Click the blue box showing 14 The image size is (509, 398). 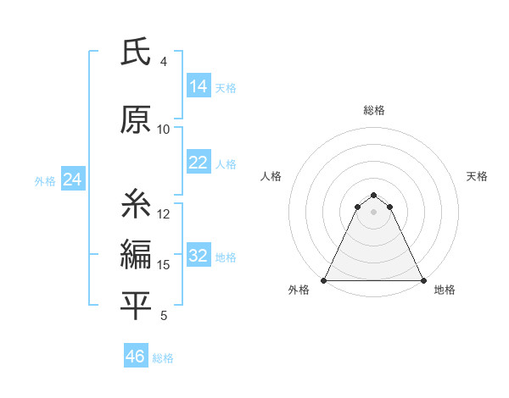[x=199, y=86]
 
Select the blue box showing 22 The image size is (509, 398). [x=199, y=163]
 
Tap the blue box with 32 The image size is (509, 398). [x=199, y=257]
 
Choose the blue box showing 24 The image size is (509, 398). [x=72, y=180]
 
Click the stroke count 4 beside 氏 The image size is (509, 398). [x=164, y=62]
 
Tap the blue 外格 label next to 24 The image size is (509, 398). [x=45, y=180]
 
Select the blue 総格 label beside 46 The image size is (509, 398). [x=163, y=358]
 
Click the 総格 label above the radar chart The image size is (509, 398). [x=374, y=110]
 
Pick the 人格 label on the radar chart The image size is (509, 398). [x=271, y=176]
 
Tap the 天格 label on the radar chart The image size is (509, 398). [x=477, y=176]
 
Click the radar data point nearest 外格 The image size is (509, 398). [x=324, y=279]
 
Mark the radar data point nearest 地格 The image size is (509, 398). [x=423, y=279]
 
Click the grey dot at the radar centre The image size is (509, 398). [x=374, y=211]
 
